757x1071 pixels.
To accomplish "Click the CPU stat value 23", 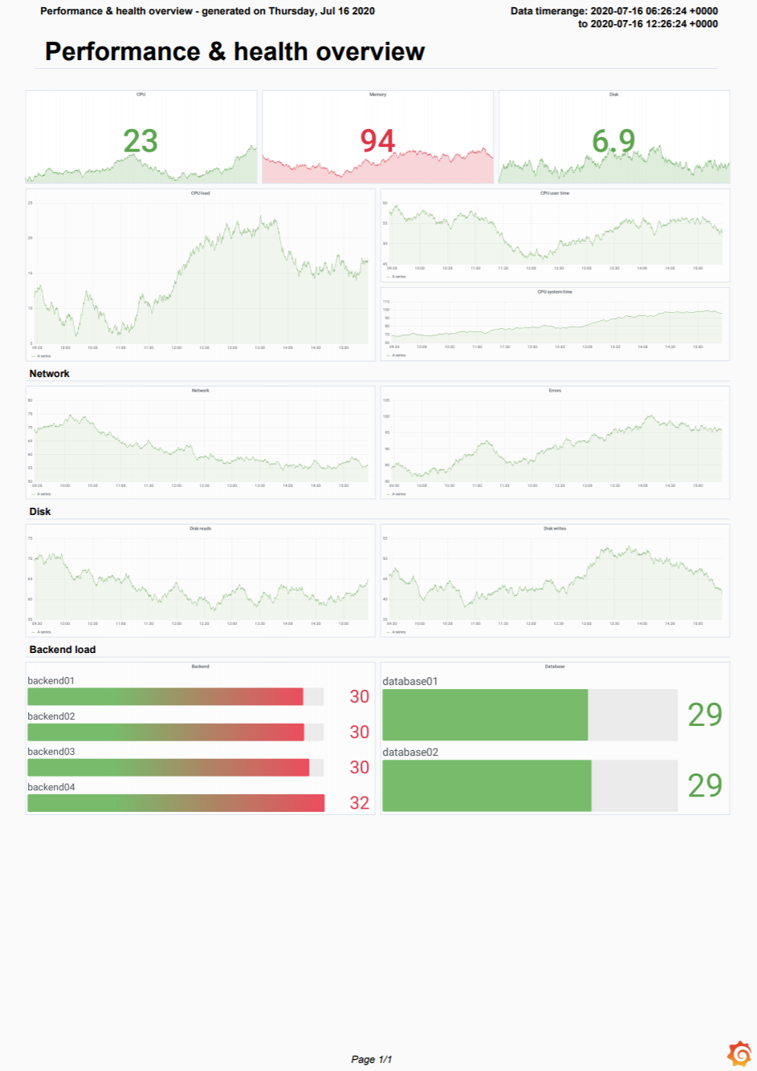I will click(x=140, y=141).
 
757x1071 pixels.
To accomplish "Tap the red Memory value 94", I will click(x=377, y=141).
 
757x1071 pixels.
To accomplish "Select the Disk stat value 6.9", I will click(x=613, y=141).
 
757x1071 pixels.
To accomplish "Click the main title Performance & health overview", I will click(x=234, y=51).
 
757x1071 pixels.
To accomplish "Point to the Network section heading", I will click(x=49, y=374).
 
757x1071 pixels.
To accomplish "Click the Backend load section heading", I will click(x=62, y=650).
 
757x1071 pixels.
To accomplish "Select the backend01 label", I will click(x=51, y=681).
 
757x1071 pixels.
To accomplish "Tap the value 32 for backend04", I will click(x=360, y=803).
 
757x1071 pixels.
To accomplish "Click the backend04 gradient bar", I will click(x=176, y=803).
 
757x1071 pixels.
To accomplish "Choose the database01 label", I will click(x=410, y=682).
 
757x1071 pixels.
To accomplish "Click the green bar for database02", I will click(x=486, y=785).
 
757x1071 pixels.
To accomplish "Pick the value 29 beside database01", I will click(x=705, y=715).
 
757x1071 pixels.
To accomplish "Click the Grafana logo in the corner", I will click(x=739, y=1053).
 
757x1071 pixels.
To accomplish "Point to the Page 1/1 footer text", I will click(x=372, y=1059).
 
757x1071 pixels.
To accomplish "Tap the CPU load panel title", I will click(x=200, y=193).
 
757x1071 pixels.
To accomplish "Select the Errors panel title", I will click(x=555, y=391).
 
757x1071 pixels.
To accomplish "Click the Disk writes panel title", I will click(x=555, y=529).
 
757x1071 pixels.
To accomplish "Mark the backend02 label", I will click(x=51, y=716).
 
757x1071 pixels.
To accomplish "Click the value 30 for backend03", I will click(x=360, y=768).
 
